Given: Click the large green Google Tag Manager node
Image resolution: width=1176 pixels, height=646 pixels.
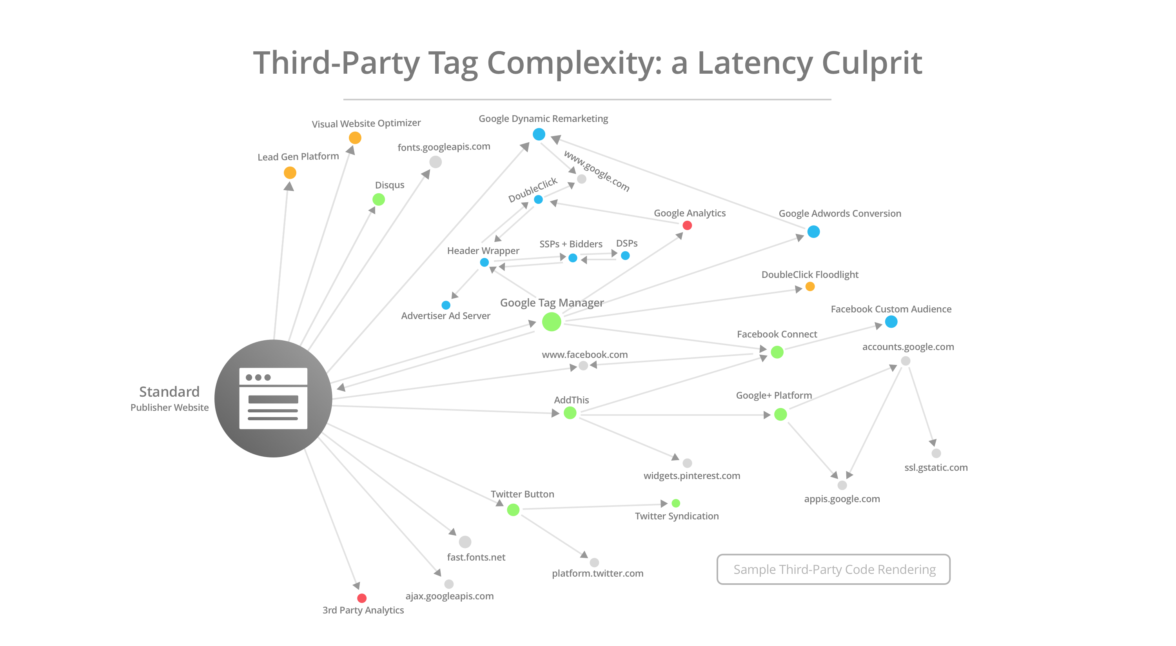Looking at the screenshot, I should pyautogui.click(x=552, y=322).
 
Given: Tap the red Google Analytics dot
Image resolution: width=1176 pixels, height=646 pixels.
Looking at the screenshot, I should pyautogui.click(x=687, y=225).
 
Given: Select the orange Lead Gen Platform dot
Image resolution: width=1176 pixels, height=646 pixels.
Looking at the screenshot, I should pyautogui.click(x=290, y=172).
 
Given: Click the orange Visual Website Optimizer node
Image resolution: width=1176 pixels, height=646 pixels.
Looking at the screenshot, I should pyautogui.click(x=355, y=138).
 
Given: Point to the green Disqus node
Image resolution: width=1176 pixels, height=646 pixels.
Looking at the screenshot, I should pyautogui.click(x=378, y=200).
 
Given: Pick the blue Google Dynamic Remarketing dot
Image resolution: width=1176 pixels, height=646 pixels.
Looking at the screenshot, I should pyautogui.click(x=539, y=134).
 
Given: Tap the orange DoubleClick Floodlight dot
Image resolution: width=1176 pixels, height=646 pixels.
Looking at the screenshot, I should pyautogui.click(x=810, y=287).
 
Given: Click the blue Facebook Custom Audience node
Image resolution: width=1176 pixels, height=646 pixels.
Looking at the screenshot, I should pyautogui.click(x=891, y=322).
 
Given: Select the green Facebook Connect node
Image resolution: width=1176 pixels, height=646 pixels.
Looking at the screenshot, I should pyautogui.click(x=777, y=352).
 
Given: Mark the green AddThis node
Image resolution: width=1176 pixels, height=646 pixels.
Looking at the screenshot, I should pyautogui.click(x=570, y=413).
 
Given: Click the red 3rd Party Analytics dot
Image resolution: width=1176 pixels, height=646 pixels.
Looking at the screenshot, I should pyautogui.click(x=361, y=598).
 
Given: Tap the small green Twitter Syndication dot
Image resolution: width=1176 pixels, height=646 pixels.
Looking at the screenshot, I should pyautogui.click(x=676, y=503).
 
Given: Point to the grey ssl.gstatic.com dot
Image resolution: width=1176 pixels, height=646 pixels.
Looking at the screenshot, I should pyautogui.click(x=936, y=454).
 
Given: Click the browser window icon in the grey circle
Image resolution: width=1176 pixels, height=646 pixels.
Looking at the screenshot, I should pyautogui.click(x=273, y=398).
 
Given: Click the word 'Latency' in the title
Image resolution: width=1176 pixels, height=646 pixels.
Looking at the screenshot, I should pyautogui.click(x=755, y=63).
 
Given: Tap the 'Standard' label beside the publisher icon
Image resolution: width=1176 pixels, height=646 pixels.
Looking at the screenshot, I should pyautogui.click(x=169, y=392).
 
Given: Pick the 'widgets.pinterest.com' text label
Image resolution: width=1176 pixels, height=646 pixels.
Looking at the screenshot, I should pyautogui.click(x=691, y=476).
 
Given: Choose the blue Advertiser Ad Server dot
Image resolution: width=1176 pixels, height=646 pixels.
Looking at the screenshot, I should pyautogui.click(x=446, y=305).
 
